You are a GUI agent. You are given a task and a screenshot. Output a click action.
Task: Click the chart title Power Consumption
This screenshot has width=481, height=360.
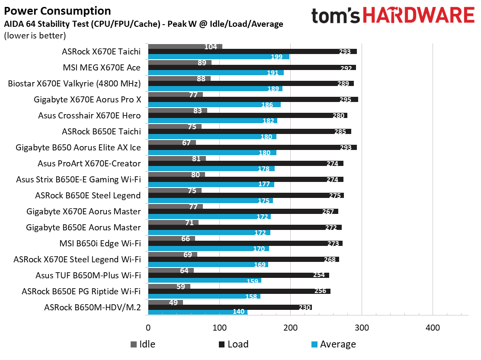[x=57, y=11]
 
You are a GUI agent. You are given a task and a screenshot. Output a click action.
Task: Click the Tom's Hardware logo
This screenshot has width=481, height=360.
[x=392, y=16]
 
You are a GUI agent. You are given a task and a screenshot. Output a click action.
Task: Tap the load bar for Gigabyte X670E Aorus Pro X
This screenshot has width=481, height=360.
[x=253, y=99]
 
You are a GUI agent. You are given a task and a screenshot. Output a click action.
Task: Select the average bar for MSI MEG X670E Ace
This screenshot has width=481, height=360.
[x=215, y=73]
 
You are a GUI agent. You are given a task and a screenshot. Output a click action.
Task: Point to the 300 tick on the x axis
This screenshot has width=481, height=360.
[x=362, y=328]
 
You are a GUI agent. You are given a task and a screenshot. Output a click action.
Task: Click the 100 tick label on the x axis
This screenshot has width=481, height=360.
[x=220, y=328]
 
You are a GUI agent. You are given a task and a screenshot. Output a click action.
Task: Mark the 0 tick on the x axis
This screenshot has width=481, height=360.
[x=148, y=328]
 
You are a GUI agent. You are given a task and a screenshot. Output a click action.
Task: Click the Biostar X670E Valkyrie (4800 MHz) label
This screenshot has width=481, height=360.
[x=74, y=83]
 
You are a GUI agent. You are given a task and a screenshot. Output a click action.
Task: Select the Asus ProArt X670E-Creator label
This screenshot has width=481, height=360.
[x=90, y=163]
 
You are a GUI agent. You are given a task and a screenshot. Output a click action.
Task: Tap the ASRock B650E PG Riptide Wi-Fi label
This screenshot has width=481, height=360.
[x=81, y=291]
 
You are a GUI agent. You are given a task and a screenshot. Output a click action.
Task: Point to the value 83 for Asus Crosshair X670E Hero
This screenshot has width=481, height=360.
[x=198, y=111]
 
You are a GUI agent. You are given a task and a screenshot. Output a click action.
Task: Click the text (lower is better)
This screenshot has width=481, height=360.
[x=35, y=35]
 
